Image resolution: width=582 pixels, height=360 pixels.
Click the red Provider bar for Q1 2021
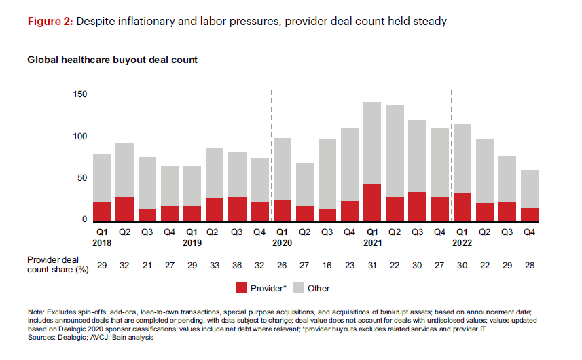pos(371,202)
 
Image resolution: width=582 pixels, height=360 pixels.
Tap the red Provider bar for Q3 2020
pos(327,215)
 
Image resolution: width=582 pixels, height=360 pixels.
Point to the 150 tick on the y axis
pos(80,94)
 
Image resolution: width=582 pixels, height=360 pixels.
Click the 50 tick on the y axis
pos(82,179)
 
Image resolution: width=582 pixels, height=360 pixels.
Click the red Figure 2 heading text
pos(50,22)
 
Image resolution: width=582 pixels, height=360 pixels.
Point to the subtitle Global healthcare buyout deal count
pos(112,60)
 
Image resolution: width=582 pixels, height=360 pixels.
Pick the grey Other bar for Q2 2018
pos(125,170)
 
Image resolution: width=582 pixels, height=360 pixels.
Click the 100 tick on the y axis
pos(80,137)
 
